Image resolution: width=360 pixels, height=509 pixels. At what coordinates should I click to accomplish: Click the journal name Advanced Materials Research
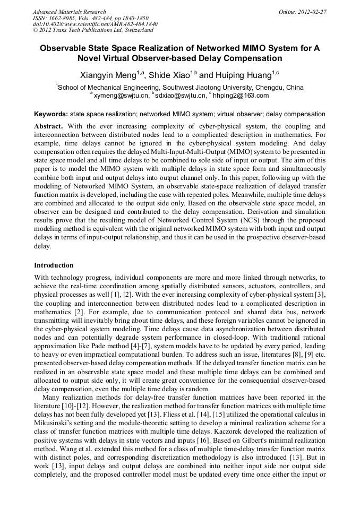(69, 12)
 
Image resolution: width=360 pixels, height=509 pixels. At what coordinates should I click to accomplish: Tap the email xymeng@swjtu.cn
(121, 96)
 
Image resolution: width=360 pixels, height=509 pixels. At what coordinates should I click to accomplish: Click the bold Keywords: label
(51, 114)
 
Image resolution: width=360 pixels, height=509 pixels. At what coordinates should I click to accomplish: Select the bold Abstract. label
(49, 126)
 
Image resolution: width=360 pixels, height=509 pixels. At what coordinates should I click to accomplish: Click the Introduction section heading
(54, 265)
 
